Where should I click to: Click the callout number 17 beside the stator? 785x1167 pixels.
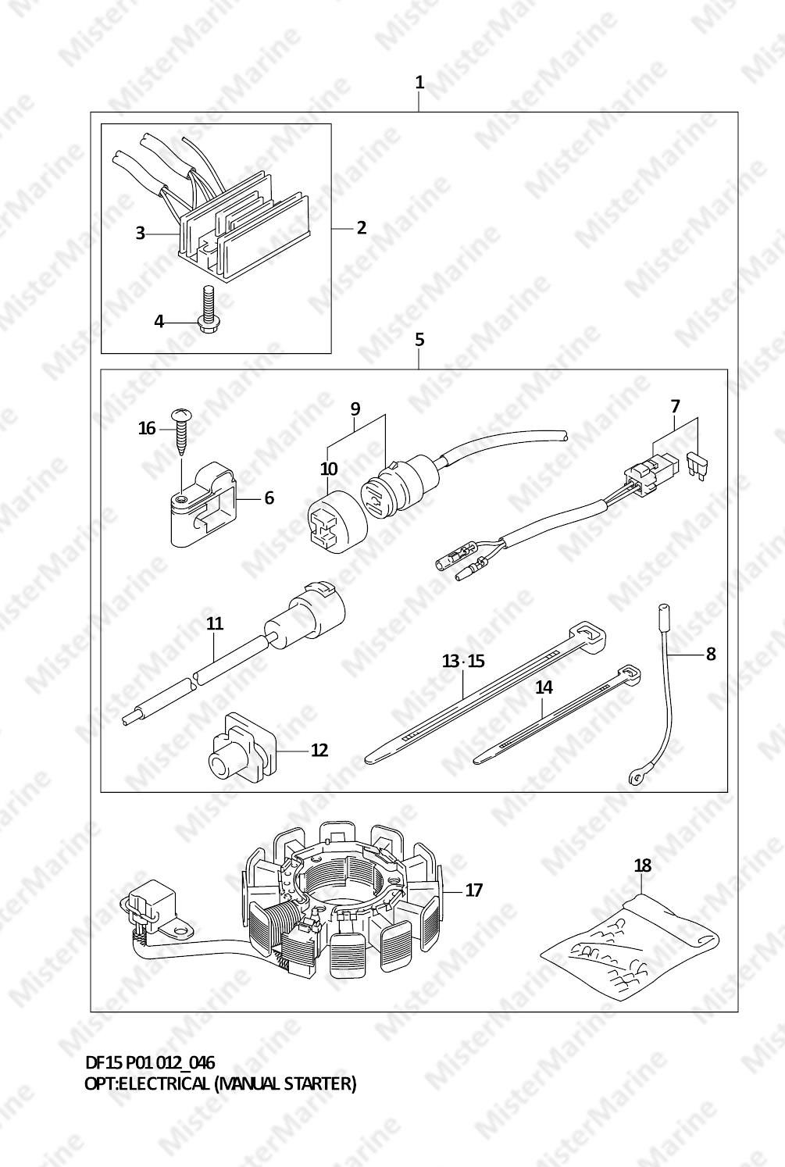click(473, 890)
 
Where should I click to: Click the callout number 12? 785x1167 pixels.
click(319, 750)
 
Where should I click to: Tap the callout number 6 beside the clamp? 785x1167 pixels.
click(269, 498)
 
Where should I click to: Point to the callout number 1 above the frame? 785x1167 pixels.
click(419, 82)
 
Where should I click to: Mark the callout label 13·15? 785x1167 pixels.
click(464, 661)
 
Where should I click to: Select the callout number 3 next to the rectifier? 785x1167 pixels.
click(140, 233)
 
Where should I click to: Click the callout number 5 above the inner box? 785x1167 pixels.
click(419, 340)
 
